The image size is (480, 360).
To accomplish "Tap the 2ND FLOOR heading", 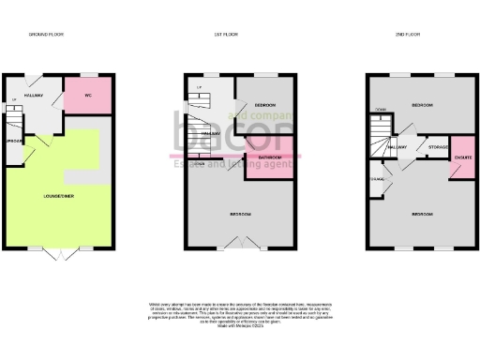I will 413,34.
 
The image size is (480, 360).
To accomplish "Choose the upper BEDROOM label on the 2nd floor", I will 423,106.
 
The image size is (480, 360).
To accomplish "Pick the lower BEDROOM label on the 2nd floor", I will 422,214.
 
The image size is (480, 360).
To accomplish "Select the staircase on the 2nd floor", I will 380,137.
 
